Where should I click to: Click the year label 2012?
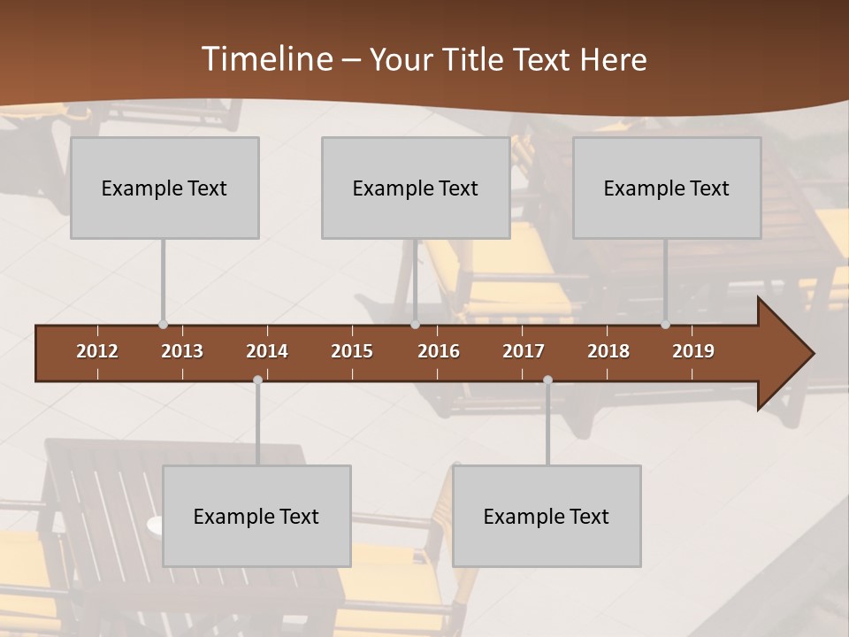click(97, 351)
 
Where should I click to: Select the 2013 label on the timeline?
click(182, 351)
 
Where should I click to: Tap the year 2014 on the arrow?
click(267, 351)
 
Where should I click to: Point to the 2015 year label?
click(352, 351)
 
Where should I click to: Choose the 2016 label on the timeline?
click(439, 351)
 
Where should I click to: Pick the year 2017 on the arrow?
click(524, 351)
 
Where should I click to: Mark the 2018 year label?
click(608, 351)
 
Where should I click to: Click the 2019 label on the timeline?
click(693, 351)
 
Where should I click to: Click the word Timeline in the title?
click(265, 59)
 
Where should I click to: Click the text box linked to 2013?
click(164, 188)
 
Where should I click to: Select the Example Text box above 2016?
click(416, 188)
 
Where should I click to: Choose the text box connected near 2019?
click(667, 188)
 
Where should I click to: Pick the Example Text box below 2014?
click(256, 516)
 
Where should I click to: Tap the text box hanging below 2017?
click(547, 516)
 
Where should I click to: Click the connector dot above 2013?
click(163, 325)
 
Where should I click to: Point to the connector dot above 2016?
click(415, 325)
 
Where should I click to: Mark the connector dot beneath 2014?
click(257, 380)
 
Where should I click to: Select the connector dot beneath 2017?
click(547, 380)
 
